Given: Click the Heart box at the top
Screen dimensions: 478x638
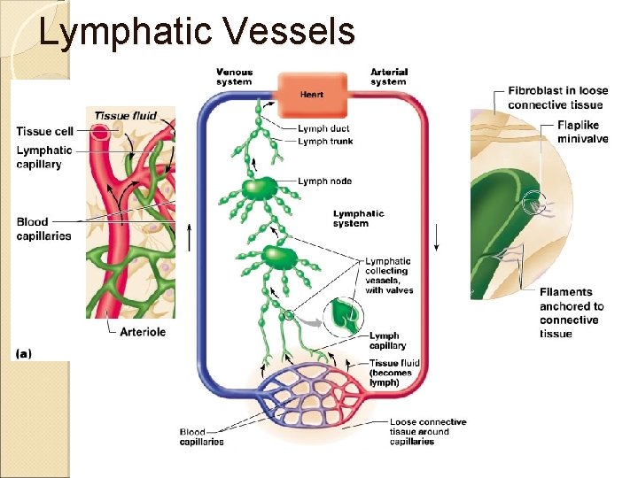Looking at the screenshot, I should click(311, 95).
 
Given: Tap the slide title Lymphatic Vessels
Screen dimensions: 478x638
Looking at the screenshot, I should click(197, 32).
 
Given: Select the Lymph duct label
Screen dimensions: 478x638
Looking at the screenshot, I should click(323, 129).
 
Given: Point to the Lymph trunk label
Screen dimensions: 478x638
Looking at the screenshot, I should click(325, 142).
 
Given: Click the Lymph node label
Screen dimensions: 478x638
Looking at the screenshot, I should click(324, 181).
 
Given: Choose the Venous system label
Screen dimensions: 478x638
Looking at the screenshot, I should click(234, 77).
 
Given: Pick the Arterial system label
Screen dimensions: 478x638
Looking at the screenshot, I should click(388, 77).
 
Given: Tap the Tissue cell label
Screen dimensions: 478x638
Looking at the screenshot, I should click(45, 132).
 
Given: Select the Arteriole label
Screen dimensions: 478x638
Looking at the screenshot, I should click(143, 332).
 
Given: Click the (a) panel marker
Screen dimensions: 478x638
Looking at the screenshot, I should click(24, 352).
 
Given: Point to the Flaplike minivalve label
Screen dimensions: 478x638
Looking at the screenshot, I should click(582, 132).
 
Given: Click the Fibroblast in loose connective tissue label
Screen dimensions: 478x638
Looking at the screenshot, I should click(557, 97).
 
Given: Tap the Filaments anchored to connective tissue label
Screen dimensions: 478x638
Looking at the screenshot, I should click(572, 313).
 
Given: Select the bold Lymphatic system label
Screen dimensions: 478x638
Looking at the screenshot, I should click(358, 219).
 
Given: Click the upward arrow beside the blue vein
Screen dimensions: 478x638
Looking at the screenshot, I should click(188, 237).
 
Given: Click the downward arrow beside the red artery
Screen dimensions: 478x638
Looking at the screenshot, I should click(436, 237).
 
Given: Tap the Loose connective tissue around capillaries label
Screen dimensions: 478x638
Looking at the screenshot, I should click(427, 432).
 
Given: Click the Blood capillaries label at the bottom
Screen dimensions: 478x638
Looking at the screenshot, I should click(201, 437).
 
